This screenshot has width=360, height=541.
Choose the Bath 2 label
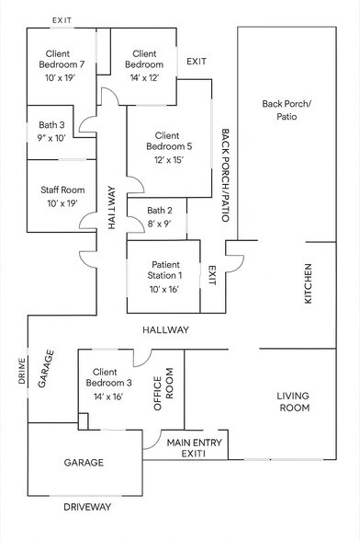point(160,212)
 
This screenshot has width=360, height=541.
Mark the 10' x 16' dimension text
point(163,288)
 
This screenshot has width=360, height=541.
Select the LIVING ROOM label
point(293,401)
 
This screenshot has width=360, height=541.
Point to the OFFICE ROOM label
point(163,395)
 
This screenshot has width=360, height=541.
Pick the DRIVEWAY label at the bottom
point(86,506)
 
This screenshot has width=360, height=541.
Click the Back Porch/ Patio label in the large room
point(287,109)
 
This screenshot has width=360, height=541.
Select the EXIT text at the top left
point(62,19)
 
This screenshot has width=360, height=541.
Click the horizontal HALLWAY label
point(165,329)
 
